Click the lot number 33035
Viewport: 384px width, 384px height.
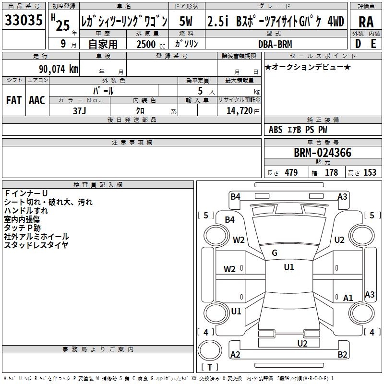tap(24, 21)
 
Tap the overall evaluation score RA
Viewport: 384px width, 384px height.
tap(366, 22)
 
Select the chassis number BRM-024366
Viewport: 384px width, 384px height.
tap(323, 153)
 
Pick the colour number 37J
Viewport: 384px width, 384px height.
tap(80, 110)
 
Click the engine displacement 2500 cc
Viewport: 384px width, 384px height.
tap(146, 44)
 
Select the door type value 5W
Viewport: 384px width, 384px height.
tap(186, 21)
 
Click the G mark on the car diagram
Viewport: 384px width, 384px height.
tap(275, 252)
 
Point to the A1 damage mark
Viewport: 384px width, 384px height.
tap(348, 298)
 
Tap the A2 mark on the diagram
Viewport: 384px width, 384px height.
tap(236, 354)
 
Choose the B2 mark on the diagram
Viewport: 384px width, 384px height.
tap(342, 354)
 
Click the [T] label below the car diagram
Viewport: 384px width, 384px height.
tap(210, 368)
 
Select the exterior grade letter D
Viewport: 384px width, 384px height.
tap(358, 44)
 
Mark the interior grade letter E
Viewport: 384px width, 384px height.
tap(373, 44)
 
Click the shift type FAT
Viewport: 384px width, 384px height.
tap(13, 100)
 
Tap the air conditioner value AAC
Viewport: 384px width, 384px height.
tap(36, 100)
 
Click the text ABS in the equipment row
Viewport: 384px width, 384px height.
tap(276, 129)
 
